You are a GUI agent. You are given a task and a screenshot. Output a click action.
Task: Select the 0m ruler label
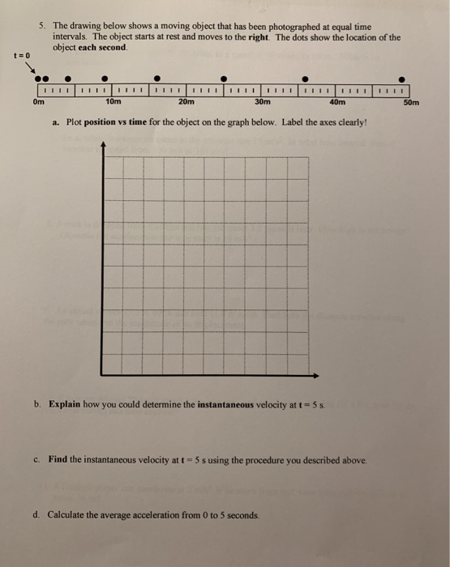click(x=38, y=102)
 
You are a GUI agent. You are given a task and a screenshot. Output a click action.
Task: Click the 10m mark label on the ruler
click(x=113, y=102)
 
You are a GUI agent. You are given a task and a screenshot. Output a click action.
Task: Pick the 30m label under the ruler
click(x=261, y=102)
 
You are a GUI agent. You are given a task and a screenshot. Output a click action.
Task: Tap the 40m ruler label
click(x=336, y=102)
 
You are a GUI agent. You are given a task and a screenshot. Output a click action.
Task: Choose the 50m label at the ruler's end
click(x=411, y=102)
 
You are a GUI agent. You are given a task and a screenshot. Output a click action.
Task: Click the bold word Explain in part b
click(x=64, y=403)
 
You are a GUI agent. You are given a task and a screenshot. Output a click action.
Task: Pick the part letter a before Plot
click(x=55, y=124)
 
